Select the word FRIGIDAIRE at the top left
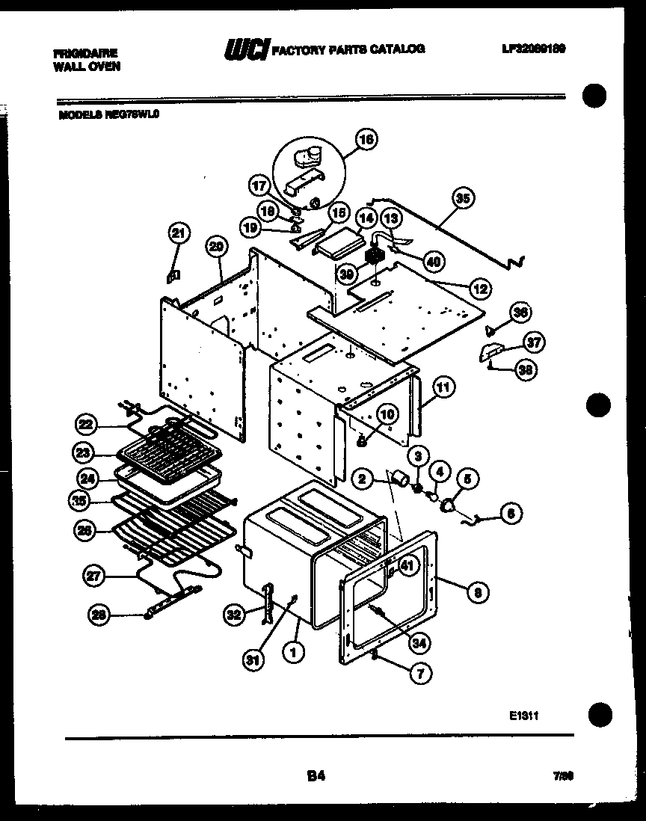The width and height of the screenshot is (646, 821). coord(85,54)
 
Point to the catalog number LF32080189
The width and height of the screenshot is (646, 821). coord(533,49)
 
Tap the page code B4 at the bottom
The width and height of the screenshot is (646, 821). coord(316,776)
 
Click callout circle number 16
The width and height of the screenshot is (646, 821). coord(366,139)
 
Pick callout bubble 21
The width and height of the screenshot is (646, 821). coord(177,234)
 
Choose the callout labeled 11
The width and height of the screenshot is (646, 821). coord(443,387)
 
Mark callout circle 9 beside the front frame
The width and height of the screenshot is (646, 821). coord(477,593)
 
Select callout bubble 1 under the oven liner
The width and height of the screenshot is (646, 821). coord(294,652)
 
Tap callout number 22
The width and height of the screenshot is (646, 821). coord(86,425)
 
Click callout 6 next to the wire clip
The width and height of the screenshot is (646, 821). coord(511,513)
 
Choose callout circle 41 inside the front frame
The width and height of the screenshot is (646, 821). coord(406,567)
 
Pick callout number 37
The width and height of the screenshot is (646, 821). coord(533,343)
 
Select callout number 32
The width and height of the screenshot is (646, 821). coord(234,615)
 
